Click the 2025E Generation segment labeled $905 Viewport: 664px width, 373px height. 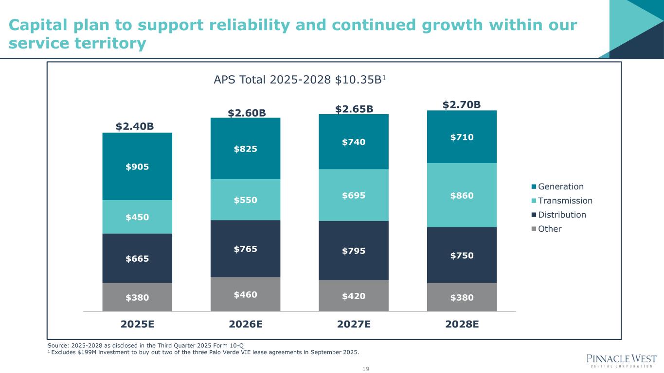point(137,167)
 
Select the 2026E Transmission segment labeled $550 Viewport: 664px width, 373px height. point(245,200)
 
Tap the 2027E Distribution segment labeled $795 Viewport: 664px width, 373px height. point(353,251)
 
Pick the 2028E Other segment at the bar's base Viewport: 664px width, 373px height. point(462,297)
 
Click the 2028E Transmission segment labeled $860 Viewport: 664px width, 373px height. point(462,195)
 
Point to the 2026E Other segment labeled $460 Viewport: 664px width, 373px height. point(245,294)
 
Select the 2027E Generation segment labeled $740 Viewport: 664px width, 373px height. point(353,142)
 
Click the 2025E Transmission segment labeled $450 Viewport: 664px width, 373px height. point(137,217)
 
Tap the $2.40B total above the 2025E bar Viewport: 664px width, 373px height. point(135,127)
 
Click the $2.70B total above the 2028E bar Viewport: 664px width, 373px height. point(462,104)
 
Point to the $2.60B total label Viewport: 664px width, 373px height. point(247,113)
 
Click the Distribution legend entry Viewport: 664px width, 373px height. point(561,215)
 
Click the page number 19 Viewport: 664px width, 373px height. point(366,369)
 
